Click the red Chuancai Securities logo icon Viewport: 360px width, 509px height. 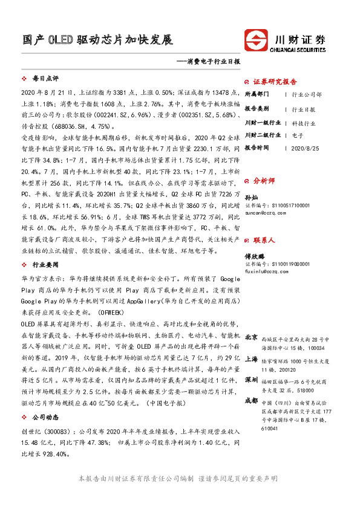257,41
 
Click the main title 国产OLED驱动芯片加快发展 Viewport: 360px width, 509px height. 97,40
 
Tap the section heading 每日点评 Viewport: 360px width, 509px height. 45,79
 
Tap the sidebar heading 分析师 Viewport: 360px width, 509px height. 264,180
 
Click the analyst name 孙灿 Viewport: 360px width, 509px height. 250,197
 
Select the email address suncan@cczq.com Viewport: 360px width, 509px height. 265,213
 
